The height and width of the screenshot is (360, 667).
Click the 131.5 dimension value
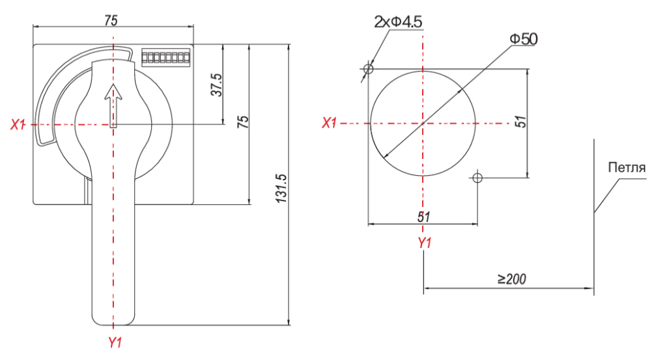coord(281,188)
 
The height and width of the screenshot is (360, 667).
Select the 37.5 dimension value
coord(217,85)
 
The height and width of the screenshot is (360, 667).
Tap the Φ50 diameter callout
coord(524,39)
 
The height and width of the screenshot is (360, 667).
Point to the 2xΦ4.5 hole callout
coord(398,21)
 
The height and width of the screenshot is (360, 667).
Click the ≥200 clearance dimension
coord(512,279)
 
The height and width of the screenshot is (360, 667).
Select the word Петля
coord(627,167)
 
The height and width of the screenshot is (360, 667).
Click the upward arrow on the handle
coord(113,106)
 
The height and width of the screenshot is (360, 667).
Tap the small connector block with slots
coord(165,57)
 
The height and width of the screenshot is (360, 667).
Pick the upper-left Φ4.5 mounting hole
coord(369,68)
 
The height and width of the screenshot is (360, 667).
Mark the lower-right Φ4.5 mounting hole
coord(477,177)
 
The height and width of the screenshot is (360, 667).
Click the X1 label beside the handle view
coord(18,124)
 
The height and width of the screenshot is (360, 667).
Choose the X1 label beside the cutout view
coord(329,123)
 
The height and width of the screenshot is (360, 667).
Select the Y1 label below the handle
coord(115,342)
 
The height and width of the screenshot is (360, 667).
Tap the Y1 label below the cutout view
coord(425,243)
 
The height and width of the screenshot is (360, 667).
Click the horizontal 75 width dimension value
coord(111,20)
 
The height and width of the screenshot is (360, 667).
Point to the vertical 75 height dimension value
coord(243,122)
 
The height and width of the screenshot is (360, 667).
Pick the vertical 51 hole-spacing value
coord(520,122)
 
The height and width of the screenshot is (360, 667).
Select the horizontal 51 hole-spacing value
coord(423,217)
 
